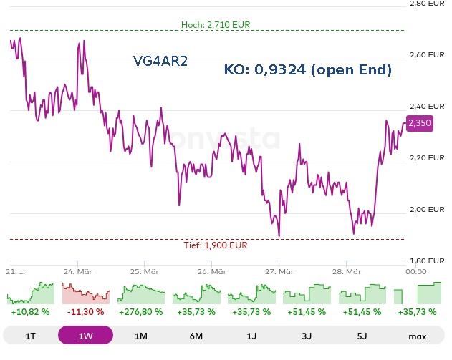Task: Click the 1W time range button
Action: click(x=85, y=336)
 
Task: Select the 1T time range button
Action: click(x=30, y=336)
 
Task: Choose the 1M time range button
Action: click(x=140, y=336)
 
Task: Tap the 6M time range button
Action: click(x=196, y=336)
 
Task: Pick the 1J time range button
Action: click(x=251, y=336)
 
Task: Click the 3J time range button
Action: click(x=307, y=336)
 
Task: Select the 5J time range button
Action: click(x=362, y=336)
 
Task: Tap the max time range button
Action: click(x=417, y=336)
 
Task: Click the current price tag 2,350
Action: click(x=420, y=123)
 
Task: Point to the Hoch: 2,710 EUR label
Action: click(x=216, y=25)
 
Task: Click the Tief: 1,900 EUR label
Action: click(x=216, y=245)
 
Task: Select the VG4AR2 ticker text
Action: click(x=160, y=62)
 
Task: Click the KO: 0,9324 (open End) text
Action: click(x=308, y=69)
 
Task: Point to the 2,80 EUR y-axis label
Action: click(x=427, y=4)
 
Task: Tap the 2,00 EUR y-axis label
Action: click(x=427, y=209)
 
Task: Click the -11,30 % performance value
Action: click(x=86, y=312)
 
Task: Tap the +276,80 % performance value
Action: click(x=140, y=312)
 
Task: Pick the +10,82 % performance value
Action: click(x=30, y=312)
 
